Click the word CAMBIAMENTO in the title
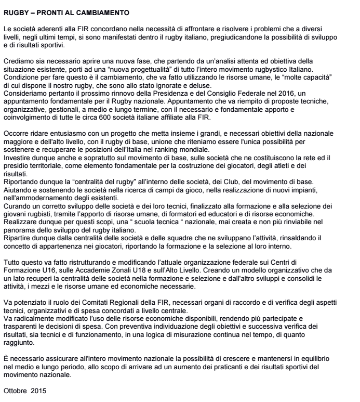pyautogui.click(x=101, y=10)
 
